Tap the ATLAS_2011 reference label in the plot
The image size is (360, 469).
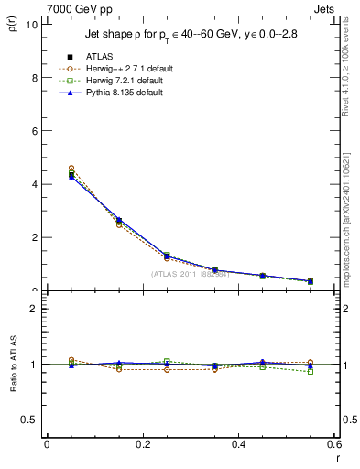190,275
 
